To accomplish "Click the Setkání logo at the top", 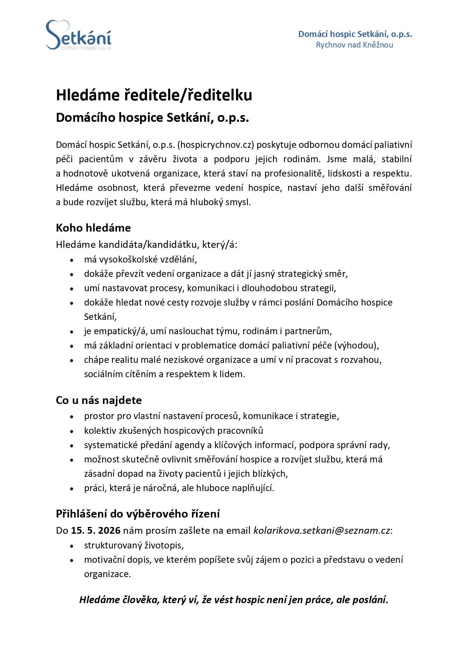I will click(x=78, y=35).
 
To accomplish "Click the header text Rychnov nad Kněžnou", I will click(x=354, y=45).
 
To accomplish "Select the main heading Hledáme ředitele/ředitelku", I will click(x=154, y=95).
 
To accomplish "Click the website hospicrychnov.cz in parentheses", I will click(x=216, y=145).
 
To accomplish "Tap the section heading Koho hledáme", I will click(x=93, y=228).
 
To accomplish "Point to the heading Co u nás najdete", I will click(x=99, y=400).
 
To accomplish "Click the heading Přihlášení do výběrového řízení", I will click(x=138, y=514).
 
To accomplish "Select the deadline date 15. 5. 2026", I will click(x=95, y=531).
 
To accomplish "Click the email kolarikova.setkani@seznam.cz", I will click(x=322, y=531).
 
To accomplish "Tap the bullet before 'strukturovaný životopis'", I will click(x=72, y=546).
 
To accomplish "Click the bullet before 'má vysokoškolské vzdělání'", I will click(x=72, y=260).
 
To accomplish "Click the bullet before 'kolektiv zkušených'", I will click(x=72, y=431).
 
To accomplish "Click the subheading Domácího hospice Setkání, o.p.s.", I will click(x=152, y=118).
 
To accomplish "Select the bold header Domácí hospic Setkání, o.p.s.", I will click(x=355, y=34).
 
